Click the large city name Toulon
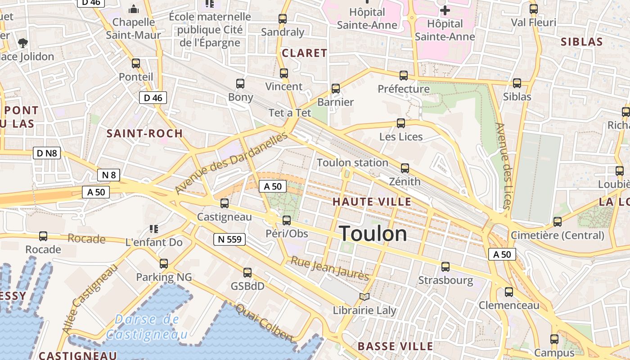(373, 234)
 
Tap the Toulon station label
(352, 162)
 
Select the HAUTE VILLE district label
(372, 202)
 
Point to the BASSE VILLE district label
(395, 346)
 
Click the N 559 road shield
(229, 239)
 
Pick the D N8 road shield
(47, 153)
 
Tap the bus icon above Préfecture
(404, 75)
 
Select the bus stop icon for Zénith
(405, 168)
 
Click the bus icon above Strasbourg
(445, 267)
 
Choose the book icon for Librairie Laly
(364, 297)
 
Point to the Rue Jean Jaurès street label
(330, 268)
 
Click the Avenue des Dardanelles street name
(231, 163)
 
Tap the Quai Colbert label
(265, 323)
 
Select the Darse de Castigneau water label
(147, 327)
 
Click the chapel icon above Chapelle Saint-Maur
(134, 9)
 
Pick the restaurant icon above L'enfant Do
(154, 229)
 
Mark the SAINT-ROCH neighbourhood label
(144, 133)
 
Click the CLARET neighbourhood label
(304, 53)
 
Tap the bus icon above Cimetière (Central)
(558, 221)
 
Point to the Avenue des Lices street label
(503, 166)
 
